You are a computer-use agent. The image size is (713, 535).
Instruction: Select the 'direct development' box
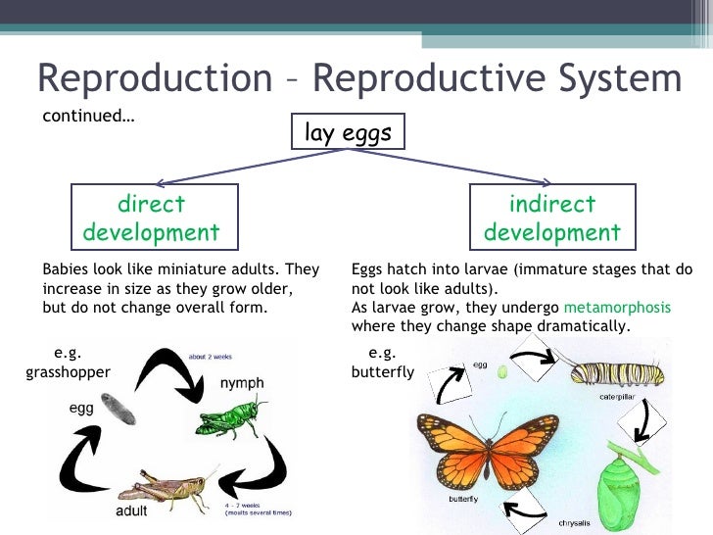click(151, 219)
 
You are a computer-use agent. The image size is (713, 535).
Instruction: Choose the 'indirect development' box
click(552, 219)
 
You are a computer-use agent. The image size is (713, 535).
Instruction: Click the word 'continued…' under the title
click(88, 117)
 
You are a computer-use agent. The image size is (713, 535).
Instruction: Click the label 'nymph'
click(240, 382)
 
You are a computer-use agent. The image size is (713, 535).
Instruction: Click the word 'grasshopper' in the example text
click(67, 372)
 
